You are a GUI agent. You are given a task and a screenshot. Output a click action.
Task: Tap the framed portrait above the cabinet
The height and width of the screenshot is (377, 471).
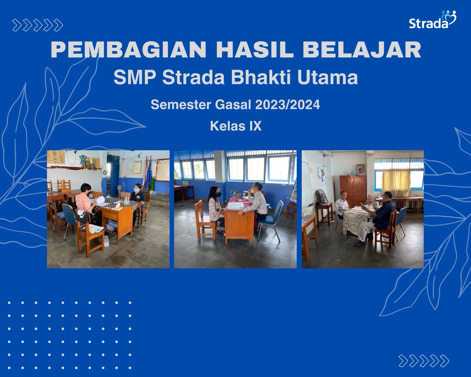tap(360, 169)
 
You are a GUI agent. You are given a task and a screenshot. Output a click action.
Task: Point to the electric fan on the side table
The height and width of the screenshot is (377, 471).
tap(321, 197)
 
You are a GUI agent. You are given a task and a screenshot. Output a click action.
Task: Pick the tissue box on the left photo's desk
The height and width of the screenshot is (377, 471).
tap(118, 206)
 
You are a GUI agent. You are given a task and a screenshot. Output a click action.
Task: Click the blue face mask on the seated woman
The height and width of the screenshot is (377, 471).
tap(136, 191)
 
